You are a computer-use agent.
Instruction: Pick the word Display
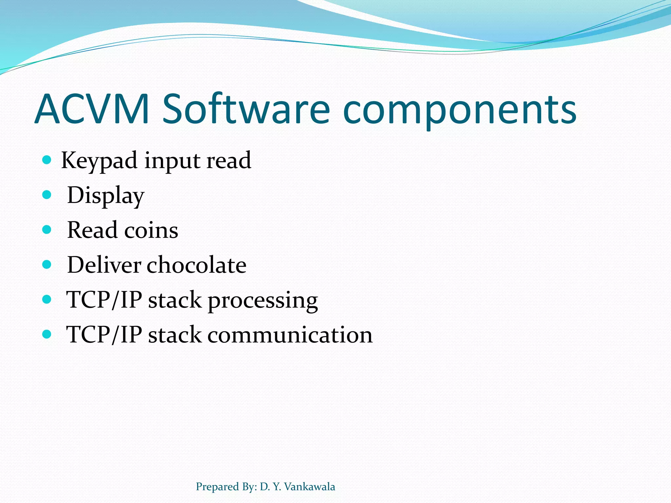pyautogui.click(x=105, y=196)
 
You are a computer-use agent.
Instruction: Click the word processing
pyautogui.click(x=262, y=301)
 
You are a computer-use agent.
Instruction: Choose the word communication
pyautogui.click(x=290, y=335)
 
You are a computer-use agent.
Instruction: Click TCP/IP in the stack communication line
pyautogui.click(x=104, y=335)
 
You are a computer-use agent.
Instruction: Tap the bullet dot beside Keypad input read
pyautogui.click(x=47, y=160)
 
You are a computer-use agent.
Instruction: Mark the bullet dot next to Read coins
pyautogui.click(x=47, y=230)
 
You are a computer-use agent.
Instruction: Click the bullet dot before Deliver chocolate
pyautogui.click(x=47, y=264)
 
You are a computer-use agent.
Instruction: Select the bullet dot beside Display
pyautogui.click(x=47, y=195)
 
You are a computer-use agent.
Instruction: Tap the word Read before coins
pyautogui.click(x=92, y=230)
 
